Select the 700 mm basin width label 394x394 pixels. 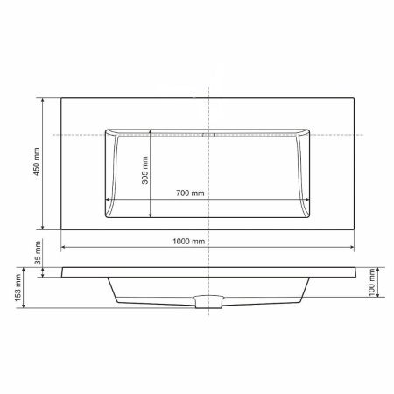(189, 193)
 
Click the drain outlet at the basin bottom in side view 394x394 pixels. (208, 304)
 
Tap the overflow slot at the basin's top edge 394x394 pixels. (208, 136)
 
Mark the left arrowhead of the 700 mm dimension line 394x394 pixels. (107, 199)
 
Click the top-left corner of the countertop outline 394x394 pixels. (60, 97)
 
